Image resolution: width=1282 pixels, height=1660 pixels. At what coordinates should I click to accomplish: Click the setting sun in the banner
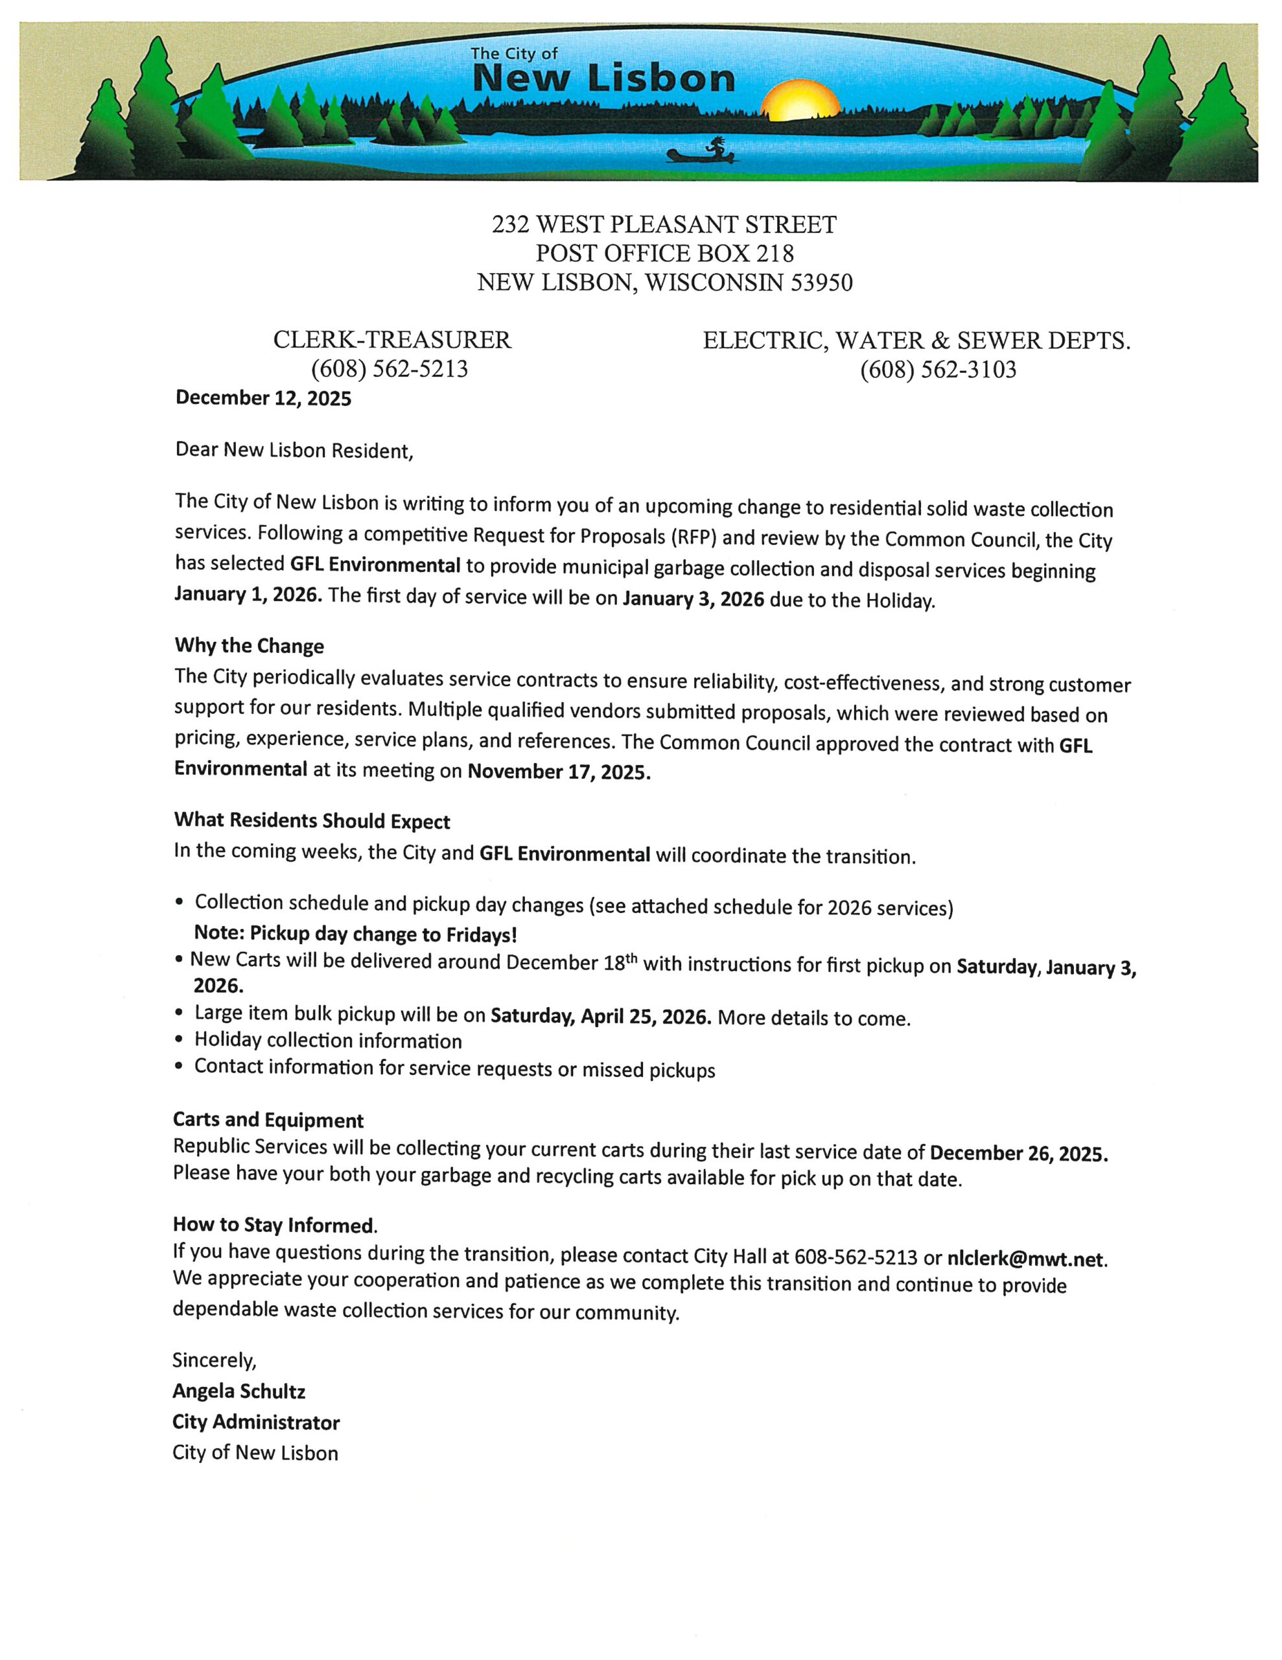coord(800,101)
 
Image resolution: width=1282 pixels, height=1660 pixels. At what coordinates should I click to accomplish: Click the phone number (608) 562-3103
coord(938,370)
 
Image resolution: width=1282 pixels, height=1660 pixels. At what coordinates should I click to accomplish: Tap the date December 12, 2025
coord(263,398)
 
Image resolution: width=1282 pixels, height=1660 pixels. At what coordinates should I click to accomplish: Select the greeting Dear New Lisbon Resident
coord(294,450)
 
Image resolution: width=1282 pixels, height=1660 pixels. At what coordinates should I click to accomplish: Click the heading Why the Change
coord(250,646)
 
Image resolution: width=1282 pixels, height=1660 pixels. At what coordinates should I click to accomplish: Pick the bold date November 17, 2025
coord(559,772)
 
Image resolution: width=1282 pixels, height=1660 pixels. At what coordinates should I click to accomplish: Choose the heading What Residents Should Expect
coord(312,821)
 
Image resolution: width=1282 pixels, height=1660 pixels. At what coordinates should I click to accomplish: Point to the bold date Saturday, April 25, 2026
coord(600,1016)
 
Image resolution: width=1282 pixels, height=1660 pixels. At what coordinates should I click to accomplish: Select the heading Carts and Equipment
coord(268,1120)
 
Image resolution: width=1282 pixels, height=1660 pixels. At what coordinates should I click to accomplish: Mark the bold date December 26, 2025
coord(1018,1153)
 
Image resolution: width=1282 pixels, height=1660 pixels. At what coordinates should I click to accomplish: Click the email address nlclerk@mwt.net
coord(1025,1259)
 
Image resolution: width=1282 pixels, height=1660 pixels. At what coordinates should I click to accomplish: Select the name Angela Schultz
coord(239,1392)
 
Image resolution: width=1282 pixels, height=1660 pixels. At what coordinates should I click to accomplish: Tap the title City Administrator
coord(256,1422)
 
